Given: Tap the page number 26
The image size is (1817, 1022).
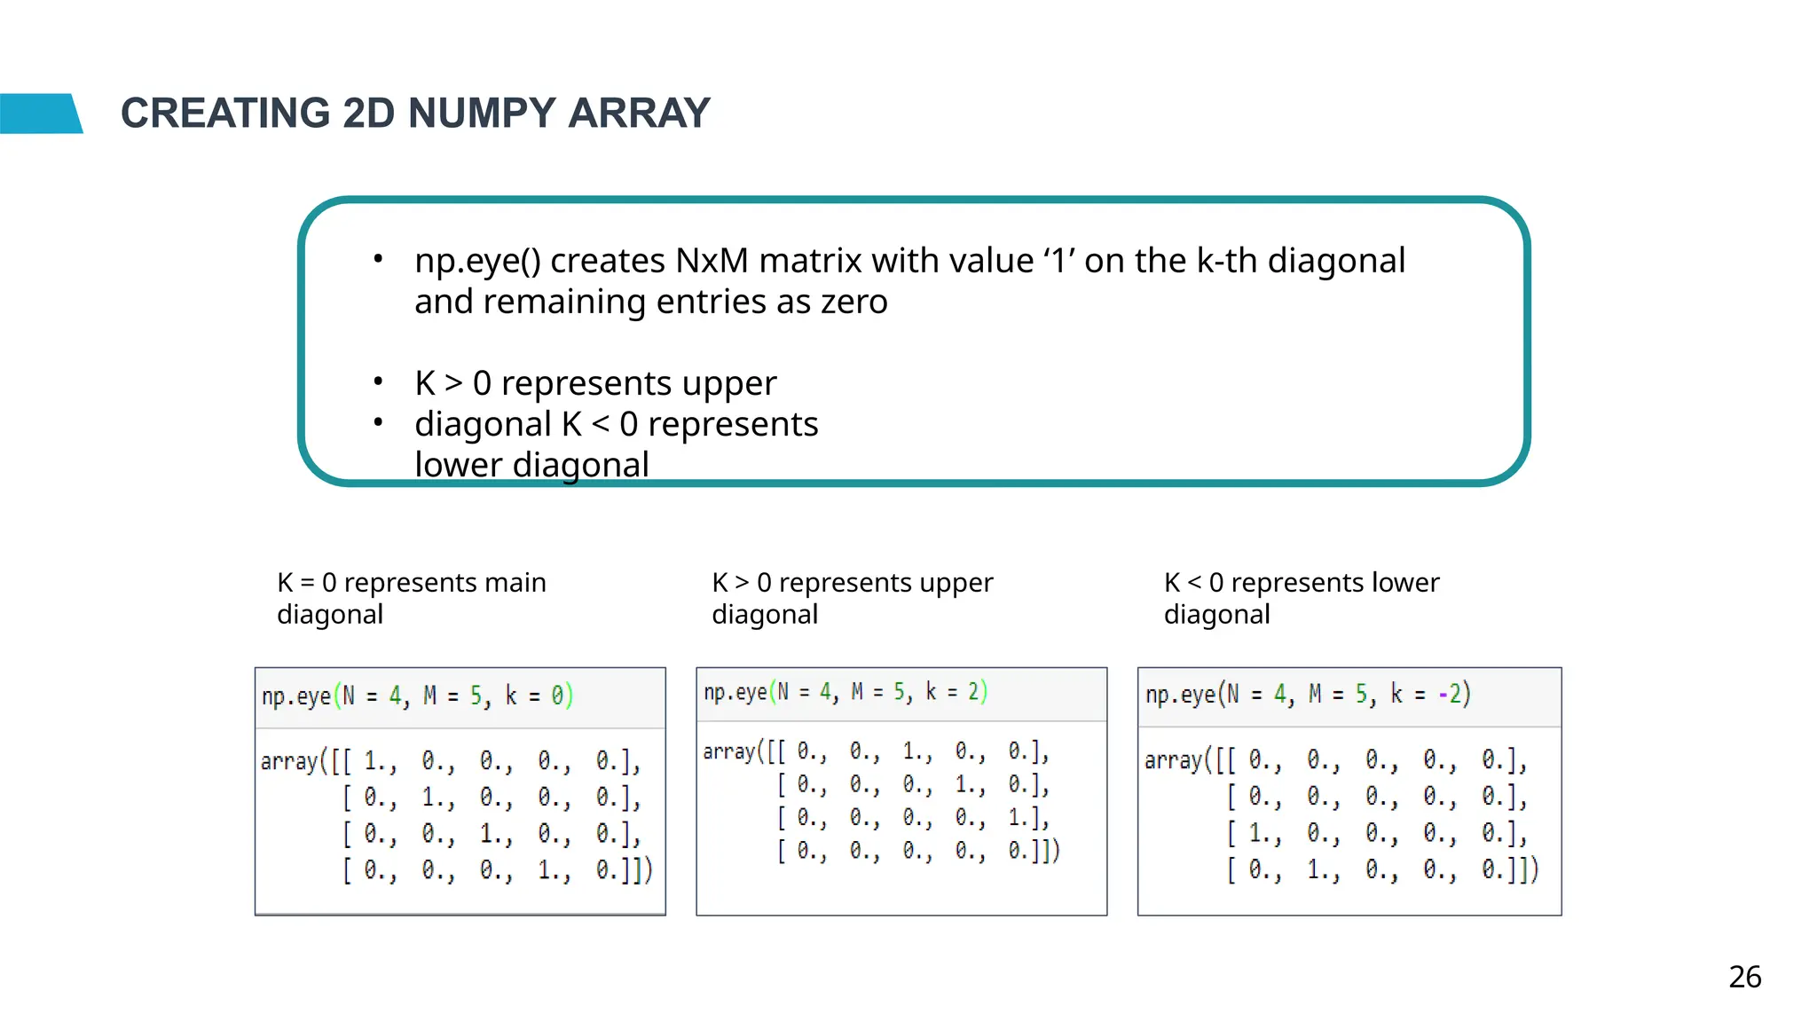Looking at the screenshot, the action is pos(1744,977).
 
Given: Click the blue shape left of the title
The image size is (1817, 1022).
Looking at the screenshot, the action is pos(40,114).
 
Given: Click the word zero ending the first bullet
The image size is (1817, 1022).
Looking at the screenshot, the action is pos(853,302).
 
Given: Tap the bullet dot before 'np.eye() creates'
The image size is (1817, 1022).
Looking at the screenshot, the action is pos(378,259).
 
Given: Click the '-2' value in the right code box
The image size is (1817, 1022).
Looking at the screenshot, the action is pos(1453,693).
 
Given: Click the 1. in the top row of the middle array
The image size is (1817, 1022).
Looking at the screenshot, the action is pos(916,751).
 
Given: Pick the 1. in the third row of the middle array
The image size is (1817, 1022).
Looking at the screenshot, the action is pos(1021,817).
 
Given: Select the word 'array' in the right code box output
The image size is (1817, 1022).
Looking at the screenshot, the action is pos(1173,760).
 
